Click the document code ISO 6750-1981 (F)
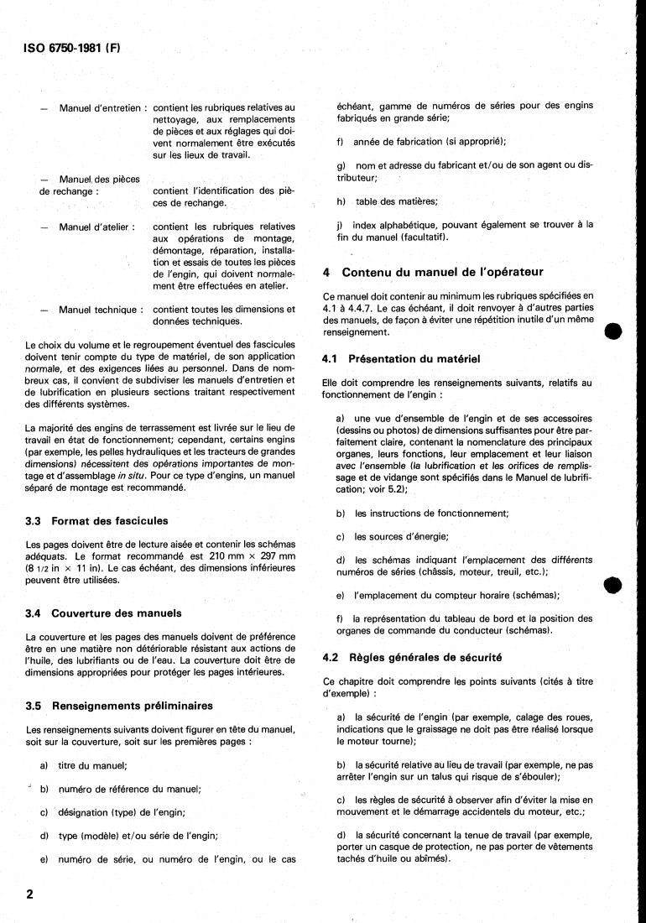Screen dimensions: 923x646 click(67, 48)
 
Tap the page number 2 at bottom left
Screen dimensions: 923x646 click(30, 894)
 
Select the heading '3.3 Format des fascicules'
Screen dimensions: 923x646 click(96, 520)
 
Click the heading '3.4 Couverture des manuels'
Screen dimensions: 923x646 click(103, 613)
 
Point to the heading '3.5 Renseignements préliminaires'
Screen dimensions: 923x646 click(119, 705)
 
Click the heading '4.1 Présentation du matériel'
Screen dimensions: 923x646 click(401, 359)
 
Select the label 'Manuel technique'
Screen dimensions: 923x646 click(100, 310)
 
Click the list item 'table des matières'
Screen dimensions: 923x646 click(396, 201)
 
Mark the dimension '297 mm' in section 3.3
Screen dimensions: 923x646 click(275, 555)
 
